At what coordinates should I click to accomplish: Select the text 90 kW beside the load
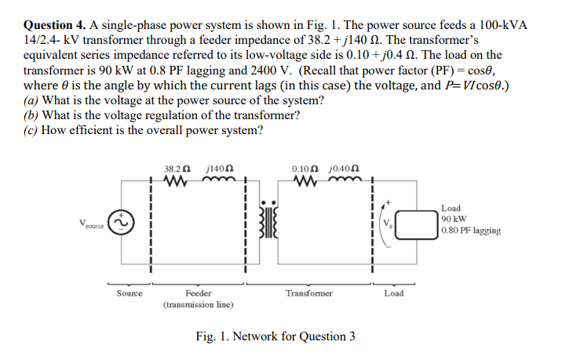454,220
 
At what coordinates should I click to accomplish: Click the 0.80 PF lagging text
471,231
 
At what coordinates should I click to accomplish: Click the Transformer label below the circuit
309,293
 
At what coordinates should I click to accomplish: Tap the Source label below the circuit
129,293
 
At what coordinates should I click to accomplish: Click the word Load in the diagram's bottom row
394,293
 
